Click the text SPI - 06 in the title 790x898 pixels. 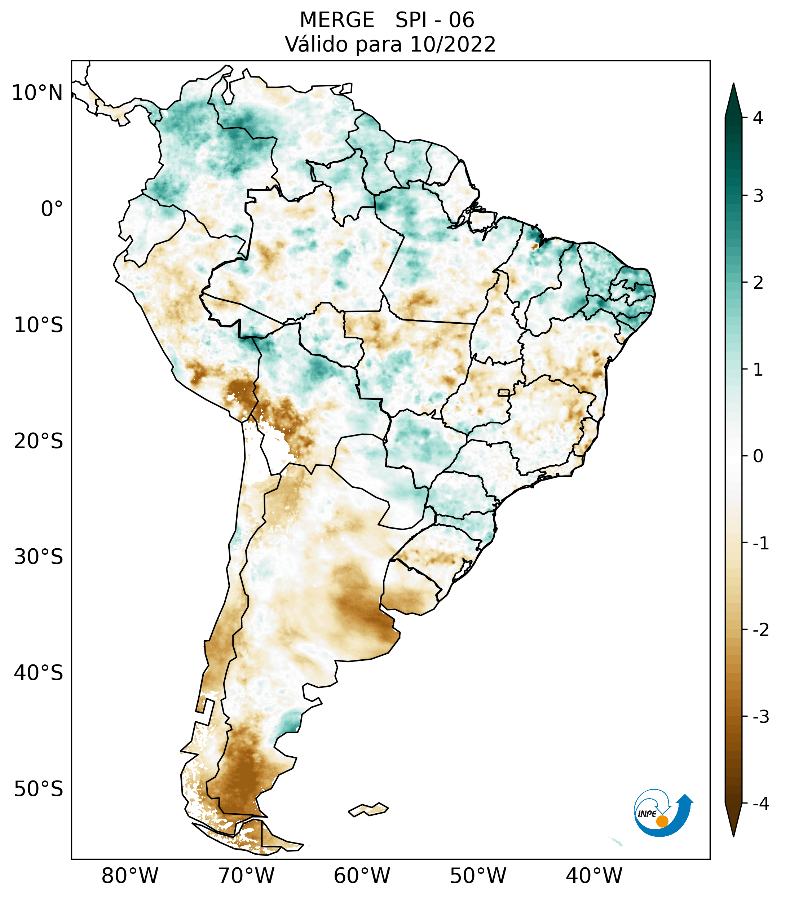coord(434,20)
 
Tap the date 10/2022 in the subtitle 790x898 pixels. coord(453,44)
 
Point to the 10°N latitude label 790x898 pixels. coord(37,93)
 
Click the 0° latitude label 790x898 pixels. coord(52,209)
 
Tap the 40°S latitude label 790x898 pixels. coord(39,673)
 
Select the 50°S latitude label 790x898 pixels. coord(39,789)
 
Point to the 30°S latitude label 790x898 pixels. coord(39,557)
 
